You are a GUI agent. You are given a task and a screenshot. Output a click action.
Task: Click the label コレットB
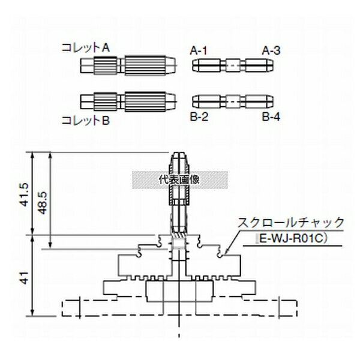click(85, 120)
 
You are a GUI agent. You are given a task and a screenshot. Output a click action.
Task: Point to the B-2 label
click(199, 116)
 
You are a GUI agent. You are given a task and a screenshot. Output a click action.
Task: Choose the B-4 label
click(271, 116)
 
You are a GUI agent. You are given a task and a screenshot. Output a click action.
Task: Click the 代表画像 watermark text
click(179, 179)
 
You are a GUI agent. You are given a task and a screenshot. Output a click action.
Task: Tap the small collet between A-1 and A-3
click(233, 65)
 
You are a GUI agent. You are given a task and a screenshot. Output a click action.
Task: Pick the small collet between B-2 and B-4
click(233, 100)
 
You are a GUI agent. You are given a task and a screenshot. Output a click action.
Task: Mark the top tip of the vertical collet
click(181, 155)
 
